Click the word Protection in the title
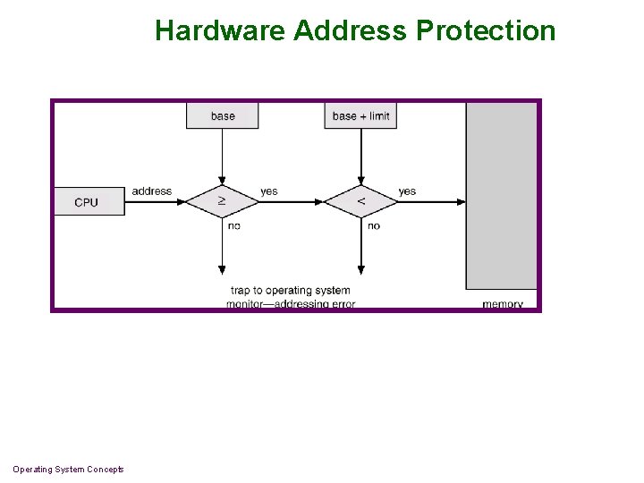click(x=486, y=30)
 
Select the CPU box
click(x=88, y=202)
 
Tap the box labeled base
click(x=223, y=115)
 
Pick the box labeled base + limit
click(x=360, y=115)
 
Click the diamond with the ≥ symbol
click(x=222, y=201)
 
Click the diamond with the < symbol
click(x=360, y=201)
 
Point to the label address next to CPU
click(x=151, y=191)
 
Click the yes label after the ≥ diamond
click(x=269, y=191)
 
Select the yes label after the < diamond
click(x=407, y=191)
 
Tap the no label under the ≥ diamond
click(x=234, y=225)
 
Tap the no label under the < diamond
click(x=374, y=225)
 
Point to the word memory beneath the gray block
click(x=503, y=304)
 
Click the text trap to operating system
click(x=291, y=290)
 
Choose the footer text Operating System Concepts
click(x=68, y=470)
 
